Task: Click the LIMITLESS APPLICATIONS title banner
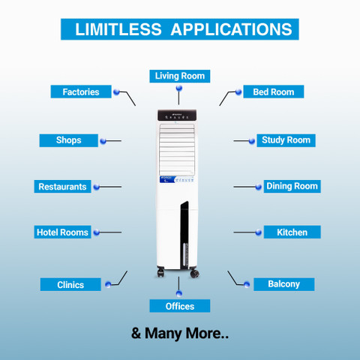(x=180, y=29)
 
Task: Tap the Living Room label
(x=180, y=76)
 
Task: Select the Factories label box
(x=81, y=91)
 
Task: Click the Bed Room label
(x=274, y=91)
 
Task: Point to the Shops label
(x=69, y=140)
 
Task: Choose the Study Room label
(x=286, y=140)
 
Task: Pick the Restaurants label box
(x=62, y=186)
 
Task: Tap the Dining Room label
(x=292, y=186)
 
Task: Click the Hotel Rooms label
(x=62, y=232)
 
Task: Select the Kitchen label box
(x=292, y=232)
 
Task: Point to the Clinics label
(x=70, y=284)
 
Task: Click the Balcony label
(x=284, y=284)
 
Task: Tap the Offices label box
(x=180, y=306)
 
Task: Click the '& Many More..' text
(x=180, y=334)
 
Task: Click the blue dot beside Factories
(x=116, y=92)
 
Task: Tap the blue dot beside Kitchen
(x=259, y=232)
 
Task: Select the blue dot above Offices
(x=179, y=293)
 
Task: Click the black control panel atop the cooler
(x=177, y=115)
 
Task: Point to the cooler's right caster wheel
(x=194, y=273)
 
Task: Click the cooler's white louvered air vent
(x=177, y=149)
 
